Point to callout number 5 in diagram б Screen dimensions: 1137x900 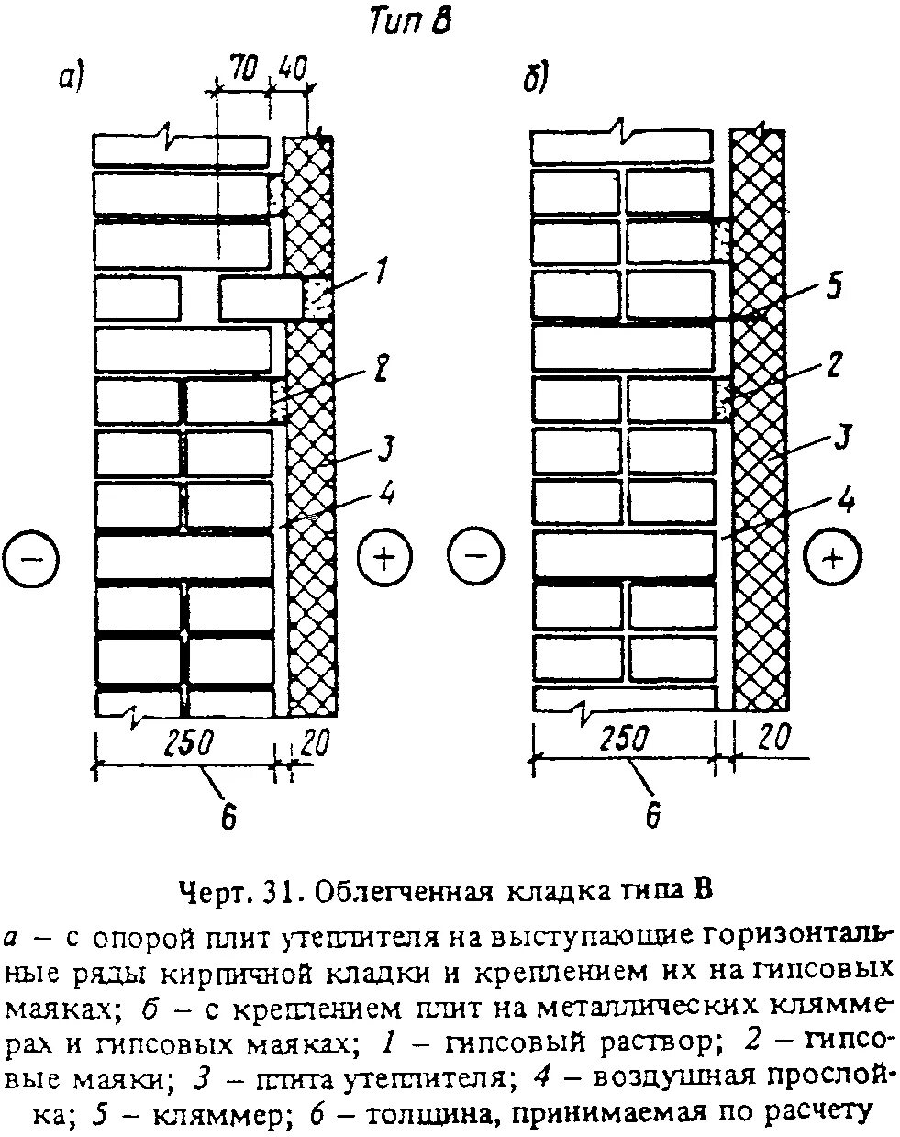click(833, 285)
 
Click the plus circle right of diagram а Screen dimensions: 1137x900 click(384, 558)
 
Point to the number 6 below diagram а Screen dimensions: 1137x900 click(228, 815)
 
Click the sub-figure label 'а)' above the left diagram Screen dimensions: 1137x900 click(71, 80)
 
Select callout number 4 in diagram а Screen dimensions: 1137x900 click(385, 495)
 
